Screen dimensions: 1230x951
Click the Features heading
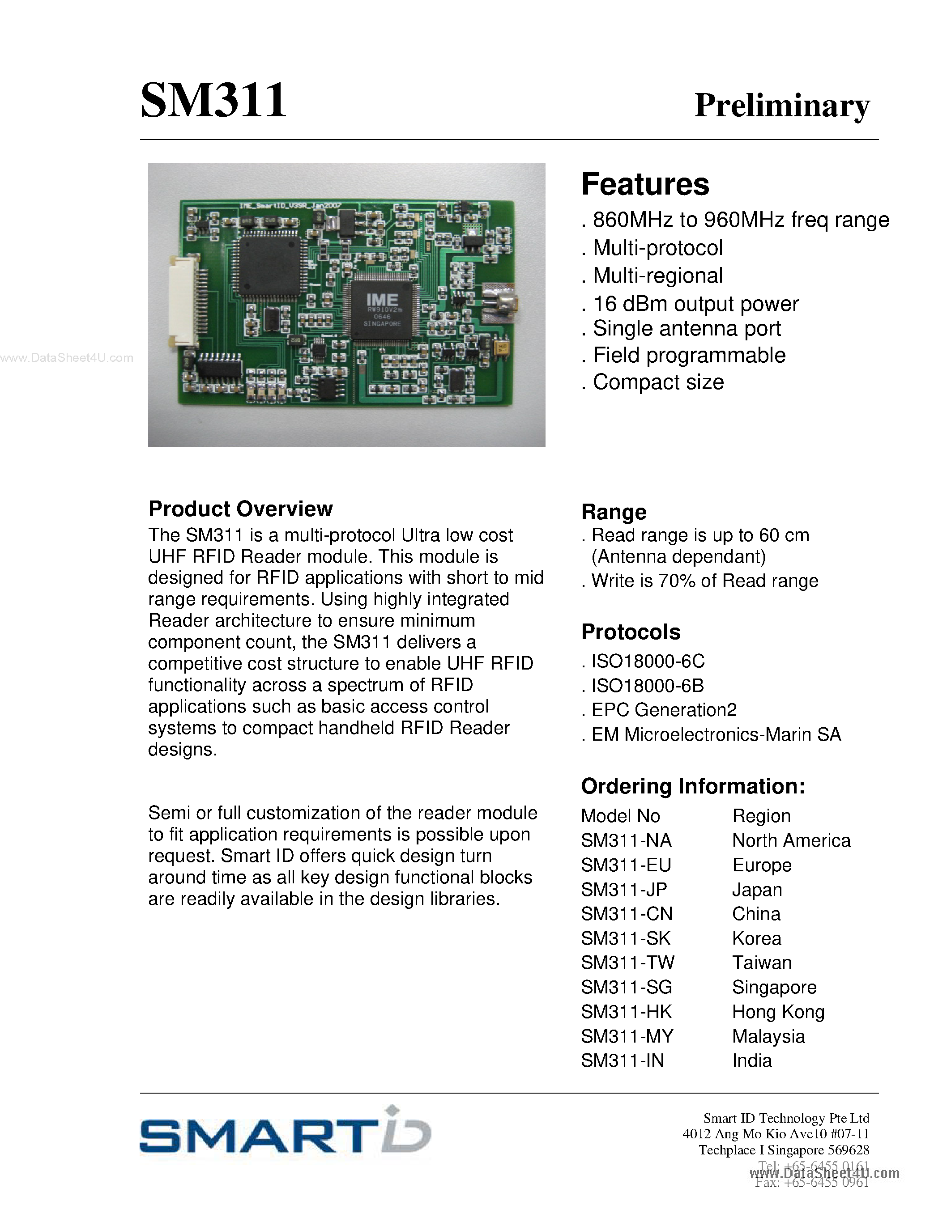(645, 184)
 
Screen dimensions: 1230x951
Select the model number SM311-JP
(624, 889)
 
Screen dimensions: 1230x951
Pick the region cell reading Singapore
(774, 987)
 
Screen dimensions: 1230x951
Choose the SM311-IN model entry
(623, 1060)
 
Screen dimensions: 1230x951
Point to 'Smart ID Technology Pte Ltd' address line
(786, 1118)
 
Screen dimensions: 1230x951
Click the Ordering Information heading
(693, 786)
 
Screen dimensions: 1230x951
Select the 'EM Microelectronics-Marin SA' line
(716, 734)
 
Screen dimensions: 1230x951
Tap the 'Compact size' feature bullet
(657, 382)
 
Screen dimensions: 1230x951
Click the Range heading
(614, 512)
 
